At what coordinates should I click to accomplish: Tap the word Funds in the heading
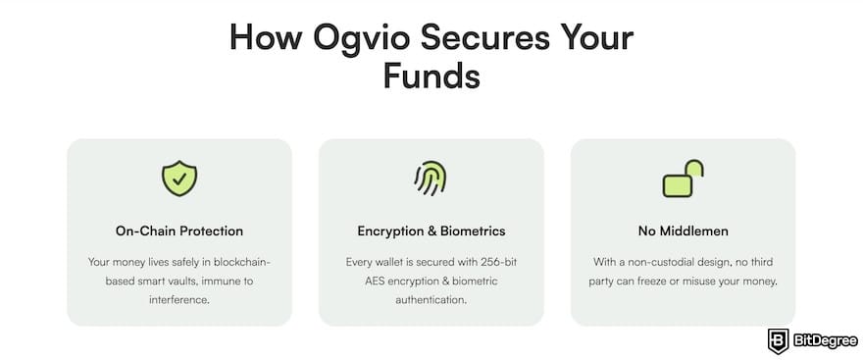click(431, 77)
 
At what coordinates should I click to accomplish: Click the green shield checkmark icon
click(179, 179)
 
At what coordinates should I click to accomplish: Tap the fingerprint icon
click(431, 179)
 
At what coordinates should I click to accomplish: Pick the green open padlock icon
click(683, 179)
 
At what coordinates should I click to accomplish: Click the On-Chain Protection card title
click(179, 231)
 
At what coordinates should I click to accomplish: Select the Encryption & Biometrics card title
click(431, 231)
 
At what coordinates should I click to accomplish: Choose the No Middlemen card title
click(683, 231)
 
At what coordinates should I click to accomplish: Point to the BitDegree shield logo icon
click(779, 339)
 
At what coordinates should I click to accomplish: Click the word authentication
click(431, 300)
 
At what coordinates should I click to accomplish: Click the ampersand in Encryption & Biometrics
click(434, 231)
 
